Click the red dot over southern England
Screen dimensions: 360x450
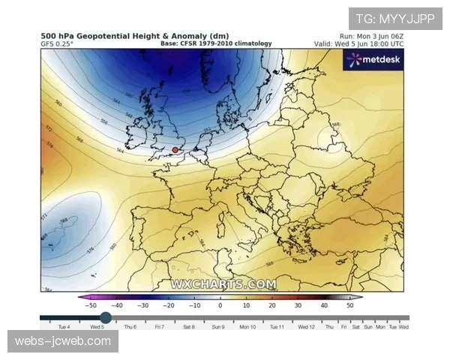pos(175,150)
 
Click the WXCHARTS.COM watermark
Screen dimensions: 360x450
pos(223,284)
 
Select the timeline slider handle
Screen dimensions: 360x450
pos(106,318)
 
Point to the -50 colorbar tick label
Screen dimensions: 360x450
pos(90,305)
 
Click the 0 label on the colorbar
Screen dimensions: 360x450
pos(220,305)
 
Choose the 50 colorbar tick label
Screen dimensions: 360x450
pos(349,305)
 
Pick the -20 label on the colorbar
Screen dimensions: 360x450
pos(169,305)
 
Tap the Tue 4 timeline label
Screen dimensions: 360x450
pos(64,328)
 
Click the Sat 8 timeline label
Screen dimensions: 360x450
pos(188,328)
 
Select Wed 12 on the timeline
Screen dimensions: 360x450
pos(306,328)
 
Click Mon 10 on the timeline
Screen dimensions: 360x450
pos(247,328)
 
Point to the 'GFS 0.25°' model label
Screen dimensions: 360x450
pos(57,44)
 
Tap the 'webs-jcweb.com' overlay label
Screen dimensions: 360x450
pos(63,342)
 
